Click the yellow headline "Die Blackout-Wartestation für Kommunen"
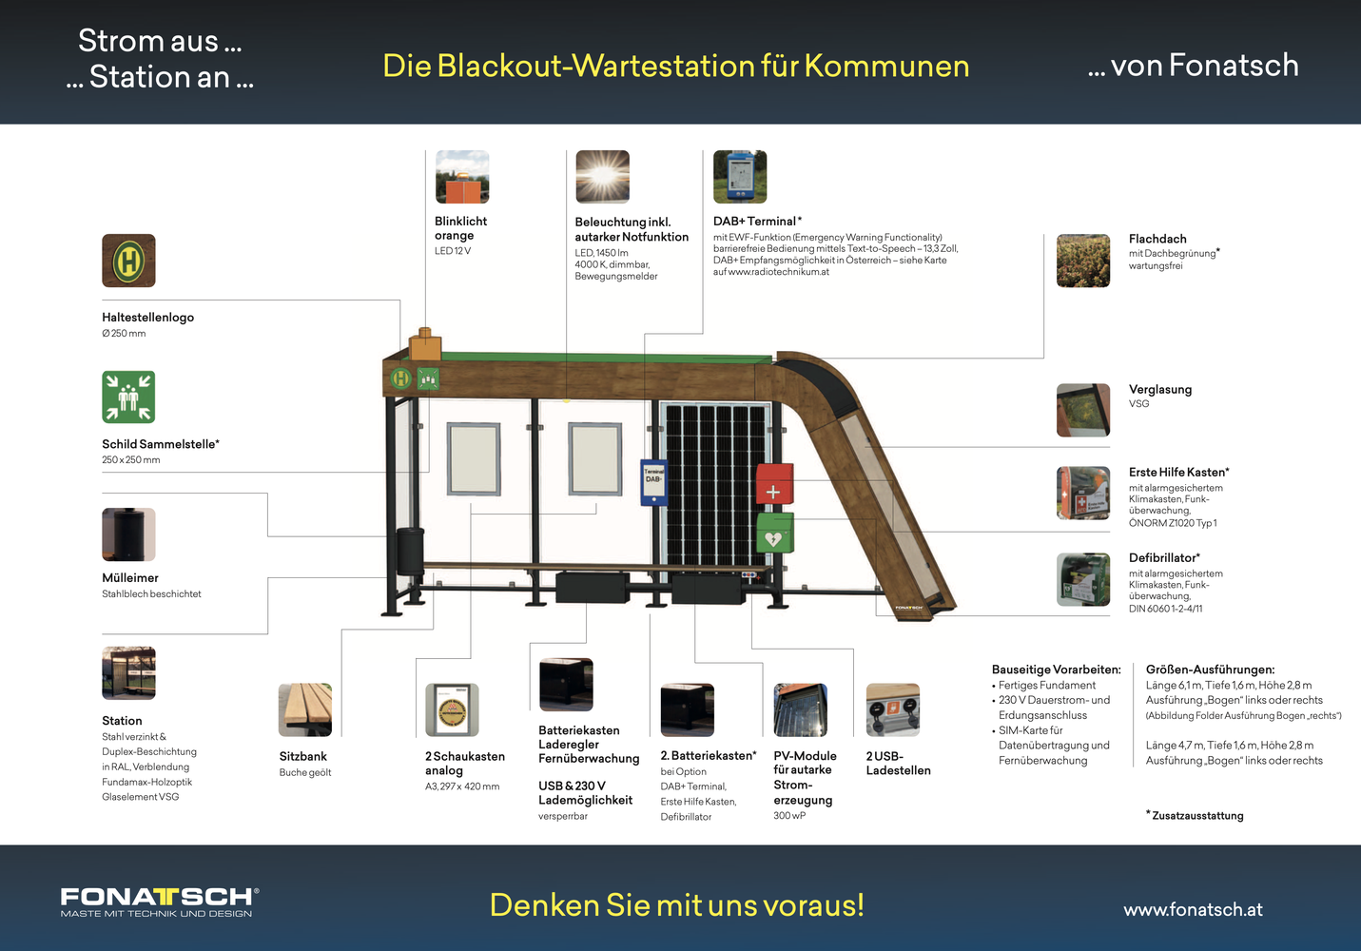pos(675,66)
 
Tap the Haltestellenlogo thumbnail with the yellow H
pos(128,261)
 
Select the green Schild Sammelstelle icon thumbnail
pos(128,397)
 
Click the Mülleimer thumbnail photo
pos(128,534)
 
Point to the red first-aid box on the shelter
pos(775,484)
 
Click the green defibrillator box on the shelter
pos(775,533)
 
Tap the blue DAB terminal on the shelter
pos(653,482)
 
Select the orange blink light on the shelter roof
pos(425,344)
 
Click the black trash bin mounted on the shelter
pos(410,552)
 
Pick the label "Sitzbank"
pos(303,756)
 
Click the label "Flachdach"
pos(1157,239)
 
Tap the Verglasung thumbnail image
pos(1083,410)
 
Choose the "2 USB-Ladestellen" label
pos(898,764)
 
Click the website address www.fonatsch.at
pos(1193,909)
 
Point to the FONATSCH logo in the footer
pos(159,902)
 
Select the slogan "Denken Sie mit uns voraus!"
pos(677,904)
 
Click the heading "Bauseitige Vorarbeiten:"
pos(1056,670)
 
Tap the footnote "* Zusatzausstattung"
pos(1195,816)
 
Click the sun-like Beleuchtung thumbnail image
pos(603,177)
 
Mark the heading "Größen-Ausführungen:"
pos(1211,670)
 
